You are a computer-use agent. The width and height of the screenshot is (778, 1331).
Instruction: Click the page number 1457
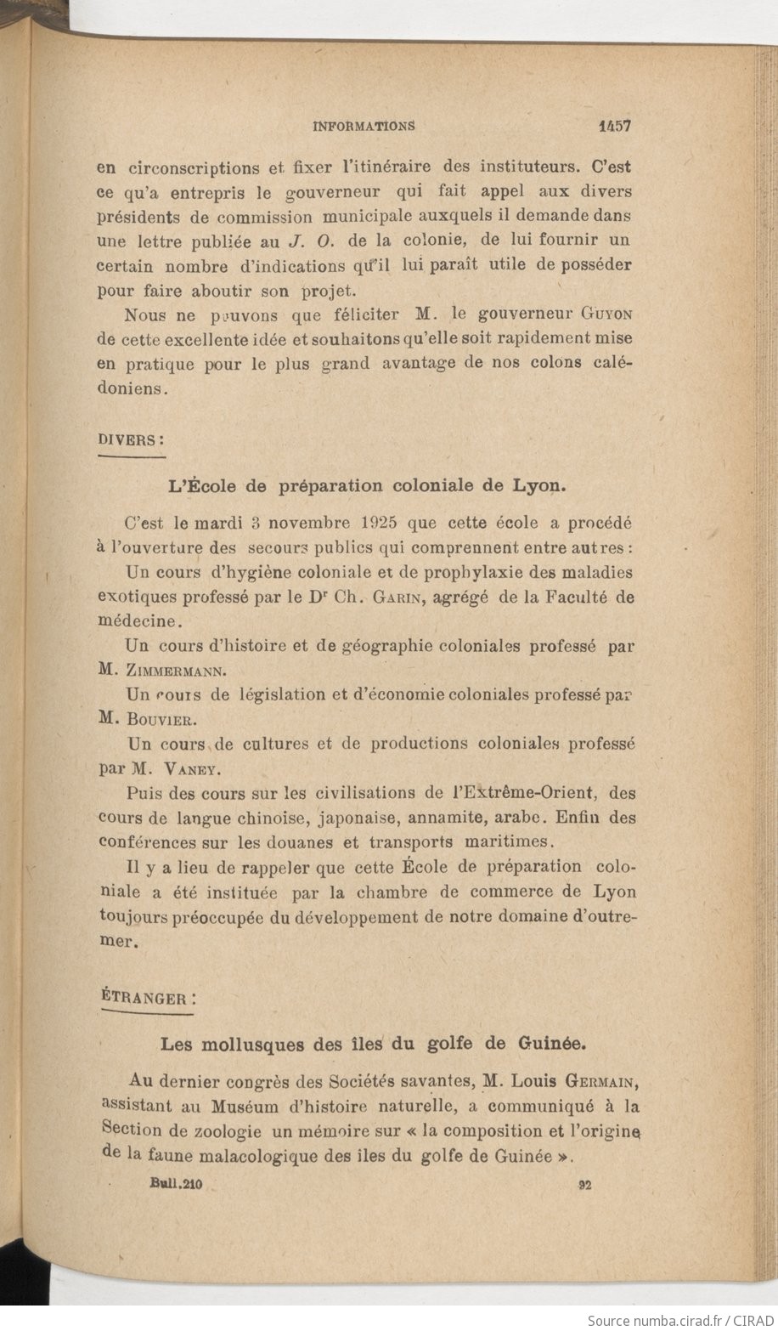tap(613, 126)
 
